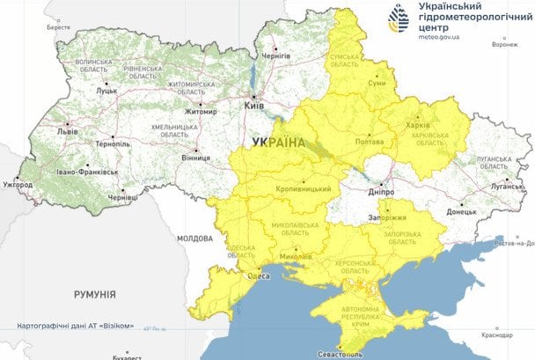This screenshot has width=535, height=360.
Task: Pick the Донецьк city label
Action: [x=461, y=212]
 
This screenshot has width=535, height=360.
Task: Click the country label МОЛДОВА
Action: [x=194, y=239]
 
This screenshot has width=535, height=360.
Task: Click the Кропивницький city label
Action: [x=304, y=189]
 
